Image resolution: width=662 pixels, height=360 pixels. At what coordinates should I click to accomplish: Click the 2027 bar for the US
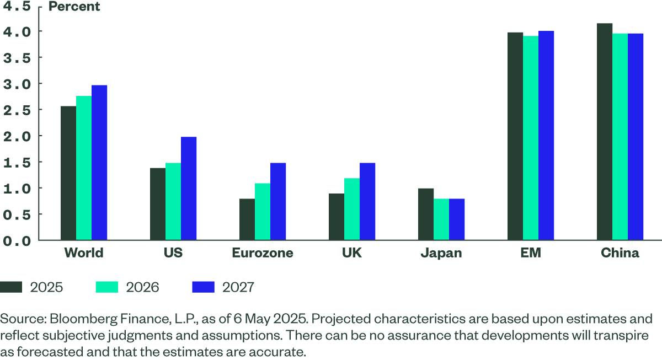click(x=189, y=188)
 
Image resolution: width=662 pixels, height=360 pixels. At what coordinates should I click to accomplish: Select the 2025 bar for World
click(x=68, y=173)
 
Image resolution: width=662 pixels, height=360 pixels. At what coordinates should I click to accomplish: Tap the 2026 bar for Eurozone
click(x=263, y=211)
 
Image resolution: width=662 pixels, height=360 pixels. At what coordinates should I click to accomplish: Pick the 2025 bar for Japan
click(x=426, y=214)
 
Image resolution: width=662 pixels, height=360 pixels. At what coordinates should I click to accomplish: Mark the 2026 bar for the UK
click(x=352, y=209)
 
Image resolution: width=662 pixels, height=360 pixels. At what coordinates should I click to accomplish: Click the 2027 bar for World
click(x=99, y=162)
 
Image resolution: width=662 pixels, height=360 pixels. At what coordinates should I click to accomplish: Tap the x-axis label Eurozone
click(x=262, y=254)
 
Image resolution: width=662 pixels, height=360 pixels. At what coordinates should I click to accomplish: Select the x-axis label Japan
click(x=441, y=254)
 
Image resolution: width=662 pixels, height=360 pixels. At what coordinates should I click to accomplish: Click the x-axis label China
click(x=620, y=254)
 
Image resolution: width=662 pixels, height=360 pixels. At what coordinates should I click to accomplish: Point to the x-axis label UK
click(x=352, y=254)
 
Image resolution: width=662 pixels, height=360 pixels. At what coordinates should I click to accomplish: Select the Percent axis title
click(x=74, y=7)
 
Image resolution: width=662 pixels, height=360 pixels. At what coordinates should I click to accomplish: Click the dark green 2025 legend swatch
click(x=11, y=287)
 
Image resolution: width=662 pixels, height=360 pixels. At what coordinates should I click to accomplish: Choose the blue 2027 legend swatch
click(x=203, y=287)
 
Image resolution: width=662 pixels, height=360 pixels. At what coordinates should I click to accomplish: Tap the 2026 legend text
click(x=142, y=287)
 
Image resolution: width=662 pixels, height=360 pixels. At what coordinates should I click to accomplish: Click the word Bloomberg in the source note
click(x=74, y=319)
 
